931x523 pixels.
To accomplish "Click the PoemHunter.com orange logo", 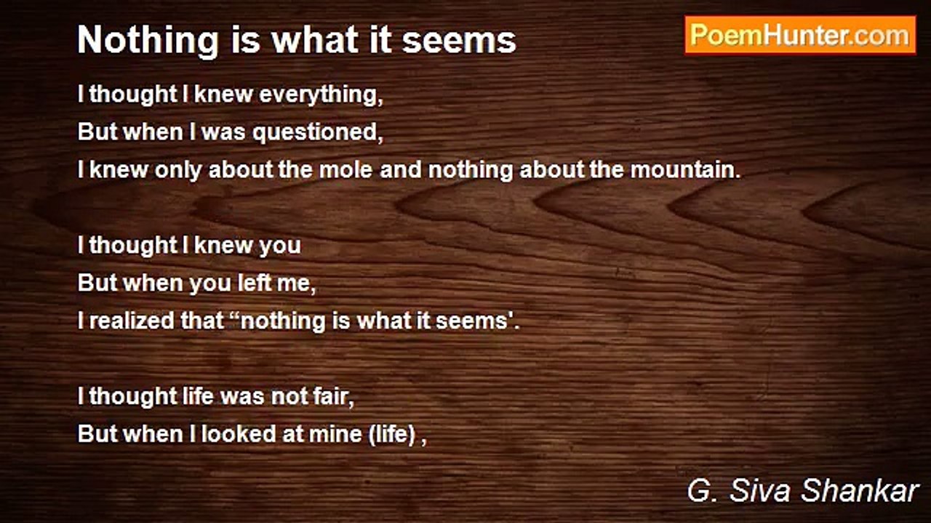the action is (x=801, y=36).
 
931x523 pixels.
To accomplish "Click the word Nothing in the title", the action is (x=148, y=41).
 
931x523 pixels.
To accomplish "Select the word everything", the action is (x=321, y=94).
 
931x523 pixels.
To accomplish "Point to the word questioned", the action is (x=318, y=132).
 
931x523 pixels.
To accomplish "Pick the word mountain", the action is (x=685, y=170).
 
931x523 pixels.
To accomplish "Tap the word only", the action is (x=178, y=171).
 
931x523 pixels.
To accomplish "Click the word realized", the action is (x=132, y=321).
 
